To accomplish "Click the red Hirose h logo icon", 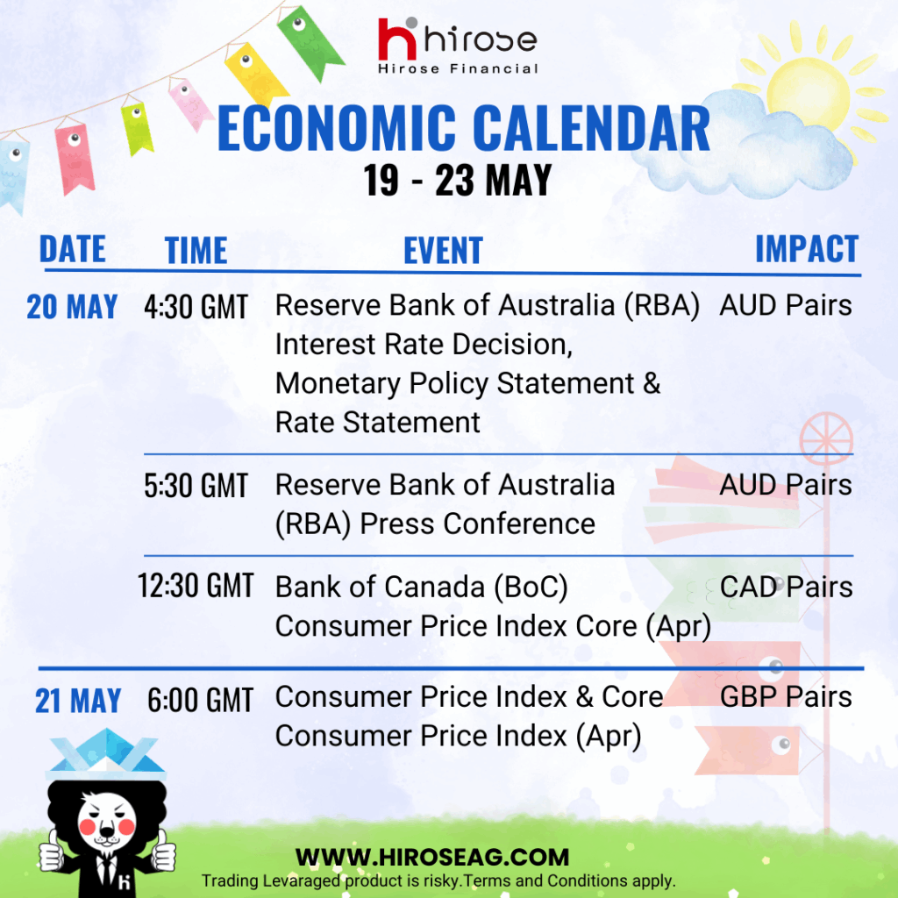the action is [397, 39].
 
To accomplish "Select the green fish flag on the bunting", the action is [310, 41].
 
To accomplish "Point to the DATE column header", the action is [72, 249].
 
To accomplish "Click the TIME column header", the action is [196, 250].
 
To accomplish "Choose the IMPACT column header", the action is [807, 248].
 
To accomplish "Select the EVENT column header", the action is [443, 250].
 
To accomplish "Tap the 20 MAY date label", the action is [72, 306].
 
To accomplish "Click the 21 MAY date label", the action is [78, 701].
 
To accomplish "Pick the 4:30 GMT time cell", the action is [196, 306].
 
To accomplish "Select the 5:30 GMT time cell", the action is [196, 486].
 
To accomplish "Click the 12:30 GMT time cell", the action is [196, 586].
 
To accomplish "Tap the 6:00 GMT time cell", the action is [201, 700].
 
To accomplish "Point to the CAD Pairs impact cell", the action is [786, 587].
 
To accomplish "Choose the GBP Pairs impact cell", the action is [786, 697].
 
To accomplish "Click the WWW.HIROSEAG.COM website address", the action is [432, 858].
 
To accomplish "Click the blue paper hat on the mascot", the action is [106, 754].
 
